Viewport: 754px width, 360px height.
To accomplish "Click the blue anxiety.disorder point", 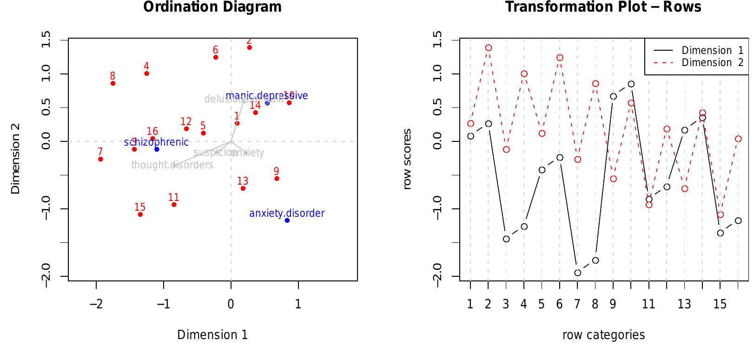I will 287,220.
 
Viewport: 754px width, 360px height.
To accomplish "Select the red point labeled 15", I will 140,214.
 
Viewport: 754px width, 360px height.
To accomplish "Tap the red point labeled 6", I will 216,57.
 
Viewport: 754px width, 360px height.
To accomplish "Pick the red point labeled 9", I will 277,179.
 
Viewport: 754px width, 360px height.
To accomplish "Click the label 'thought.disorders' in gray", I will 172,165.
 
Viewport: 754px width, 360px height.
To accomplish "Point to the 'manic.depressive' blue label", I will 266,96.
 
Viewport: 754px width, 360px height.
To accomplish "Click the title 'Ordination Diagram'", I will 212,7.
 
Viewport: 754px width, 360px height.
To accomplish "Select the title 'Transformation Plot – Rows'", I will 603,7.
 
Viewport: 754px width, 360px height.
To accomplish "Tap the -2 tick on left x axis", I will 96,305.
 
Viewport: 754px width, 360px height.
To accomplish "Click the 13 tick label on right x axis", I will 684,305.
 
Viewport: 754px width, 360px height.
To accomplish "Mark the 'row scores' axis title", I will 407,160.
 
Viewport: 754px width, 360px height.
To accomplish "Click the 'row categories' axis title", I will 603,335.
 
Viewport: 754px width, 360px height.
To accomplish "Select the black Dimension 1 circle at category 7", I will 577,273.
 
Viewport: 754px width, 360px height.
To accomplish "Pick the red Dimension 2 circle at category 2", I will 488,48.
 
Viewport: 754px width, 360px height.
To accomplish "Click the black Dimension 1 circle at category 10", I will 631,84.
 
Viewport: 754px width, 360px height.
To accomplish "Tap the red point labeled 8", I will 112,83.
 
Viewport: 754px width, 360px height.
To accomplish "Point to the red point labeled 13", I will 243,188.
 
